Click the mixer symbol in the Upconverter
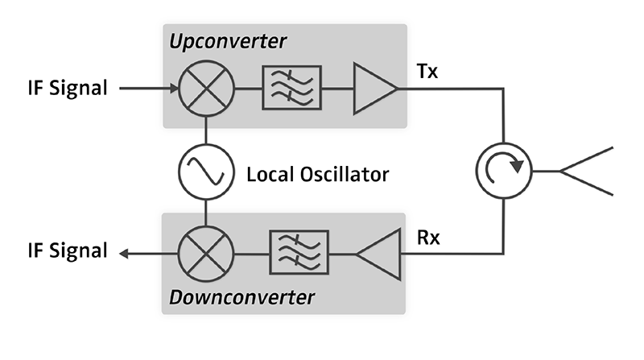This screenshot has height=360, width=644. click(206, 87)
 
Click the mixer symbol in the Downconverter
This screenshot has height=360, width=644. click(206, 252)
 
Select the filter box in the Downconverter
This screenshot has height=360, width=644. click(299, 252)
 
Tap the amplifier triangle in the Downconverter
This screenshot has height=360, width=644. click(378, 252)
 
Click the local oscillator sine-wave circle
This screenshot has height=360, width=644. click(206, 172)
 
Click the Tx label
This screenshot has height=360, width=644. click(428, 70)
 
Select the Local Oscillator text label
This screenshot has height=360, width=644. click(319, 173)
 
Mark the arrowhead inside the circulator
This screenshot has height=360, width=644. click(519, 167)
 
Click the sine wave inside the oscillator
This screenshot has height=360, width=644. click(206, 172)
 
